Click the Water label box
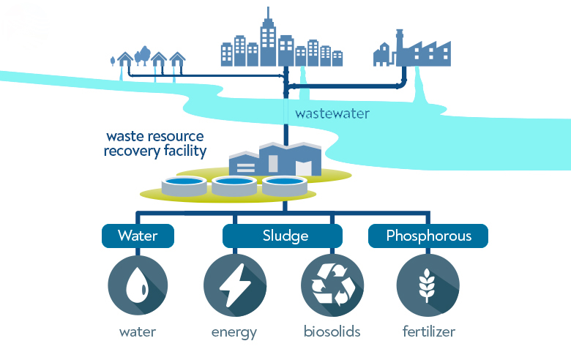[138, 236]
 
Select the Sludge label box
[283, 236]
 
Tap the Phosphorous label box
[428, 236]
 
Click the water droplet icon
[138, 285]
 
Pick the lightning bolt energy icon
[234, 285]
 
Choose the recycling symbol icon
[332, 285]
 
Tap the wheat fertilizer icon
[428, 285]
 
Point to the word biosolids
[332, 331]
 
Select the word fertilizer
[428, 331]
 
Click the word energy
[234, 332]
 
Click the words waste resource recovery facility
[155, 144]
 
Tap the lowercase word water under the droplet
[138, 331]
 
